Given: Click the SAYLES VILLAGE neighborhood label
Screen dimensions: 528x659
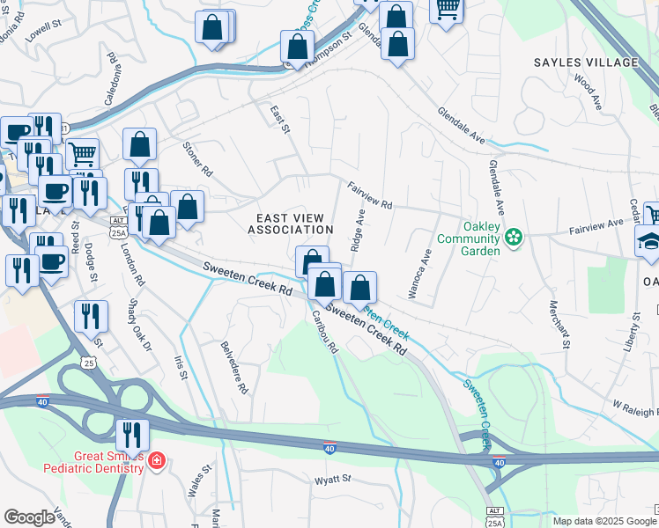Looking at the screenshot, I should click(585, 62).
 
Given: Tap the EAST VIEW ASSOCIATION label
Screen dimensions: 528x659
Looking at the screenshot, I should click(290, 224).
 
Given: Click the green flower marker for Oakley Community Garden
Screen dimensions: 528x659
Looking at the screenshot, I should click(515, 237).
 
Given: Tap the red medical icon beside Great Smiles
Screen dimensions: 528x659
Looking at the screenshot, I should click(156, 461).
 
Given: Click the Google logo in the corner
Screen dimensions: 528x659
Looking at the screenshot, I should click(30, 517).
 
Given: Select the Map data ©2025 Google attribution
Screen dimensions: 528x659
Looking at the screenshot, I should click(603, 521).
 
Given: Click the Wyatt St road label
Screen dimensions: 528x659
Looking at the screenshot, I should click(333, 480).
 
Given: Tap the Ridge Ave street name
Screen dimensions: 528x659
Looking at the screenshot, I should click(358, 231).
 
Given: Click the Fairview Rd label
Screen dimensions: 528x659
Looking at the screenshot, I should click(370, 195).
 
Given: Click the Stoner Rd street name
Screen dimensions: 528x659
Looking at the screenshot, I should click(197, 158).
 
